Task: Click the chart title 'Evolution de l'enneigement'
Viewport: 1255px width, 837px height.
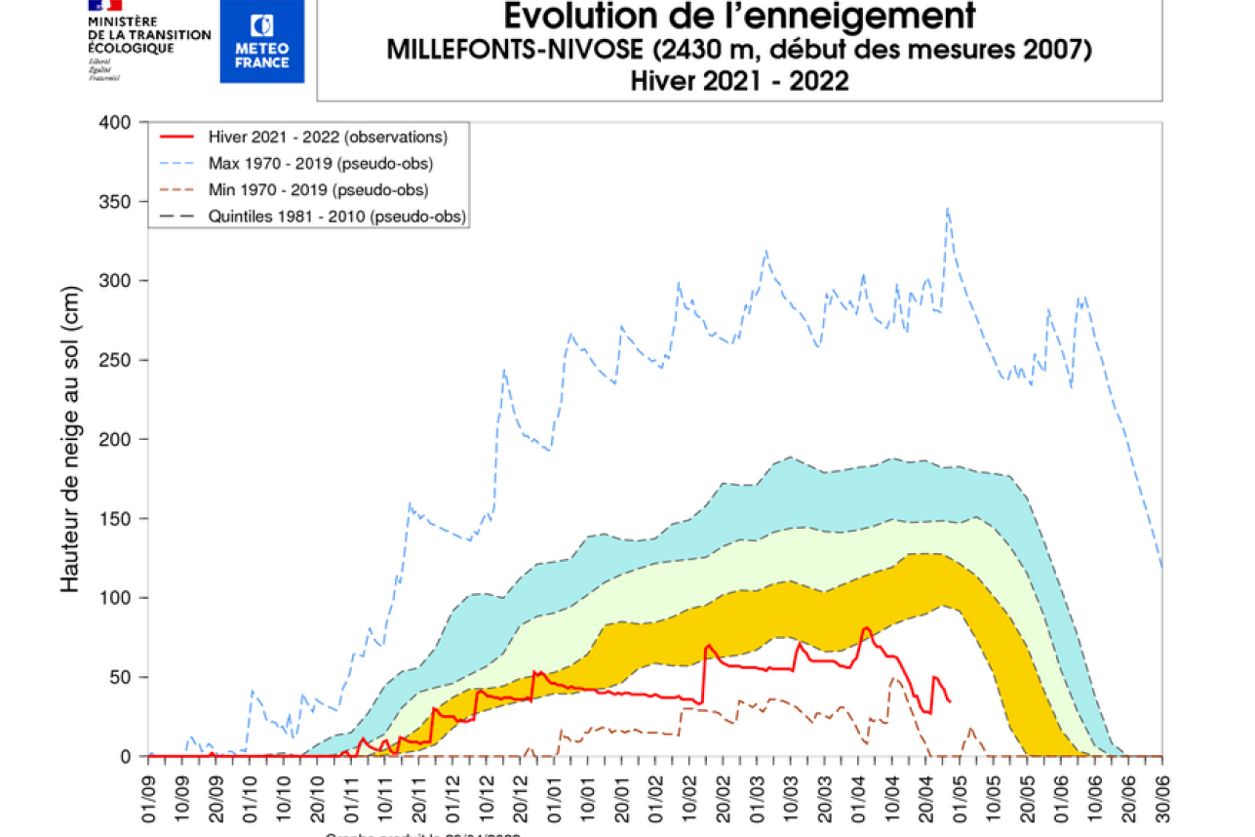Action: pyautogui.click(x=739, y=16)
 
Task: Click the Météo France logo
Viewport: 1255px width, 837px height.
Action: pyautogui.click(x=261, y=41)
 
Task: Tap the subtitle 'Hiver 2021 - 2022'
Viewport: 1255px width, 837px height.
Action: pyautogui.click(x=739, y=81)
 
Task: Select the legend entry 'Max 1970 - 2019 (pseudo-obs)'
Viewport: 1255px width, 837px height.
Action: pyautogui.click(x=320, y=163)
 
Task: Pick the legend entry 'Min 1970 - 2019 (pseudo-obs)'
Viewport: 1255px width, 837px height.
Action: pyautogui.click(x=318, y=190)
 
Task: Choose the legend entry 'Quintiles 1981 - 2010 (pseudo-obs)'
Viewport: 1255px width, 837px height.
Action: pyautogui.click(x=336, y=217)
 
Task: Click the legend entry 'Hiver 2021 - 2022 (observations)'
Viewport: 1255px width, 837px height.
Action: pyautogui.click(x=327, y=137)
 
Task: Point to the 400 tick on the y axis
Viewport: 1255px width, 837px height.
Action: pyautogui.click(x=115, y=122)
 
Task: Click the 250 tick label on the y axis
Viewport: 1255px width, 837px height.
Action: pyautogui.click(x=115, y=360)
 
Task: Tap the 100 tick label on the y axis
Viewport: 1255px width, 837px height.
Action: pyautogui.click(x=115, y=598)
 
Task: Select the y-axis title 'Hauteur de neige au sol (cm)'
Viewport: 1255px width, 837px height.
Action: pyautogui.click(x=69, y=439)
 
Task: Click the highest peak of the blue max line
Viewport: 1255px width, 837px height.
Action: pyautogui.click(x=947, y=208)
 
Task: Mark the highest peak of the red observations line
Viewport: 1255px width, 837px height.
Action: pyautogui.click(x=866, y=627)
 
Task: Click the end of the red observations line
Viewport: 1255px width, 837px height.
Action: pyautogui.click(x=950, y=701)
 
